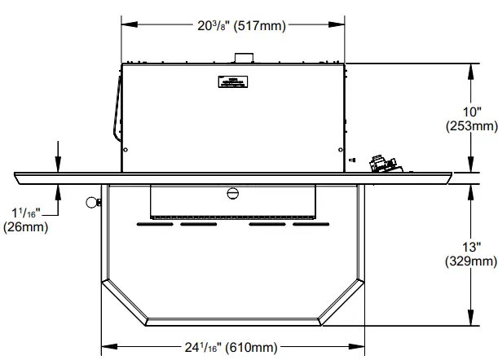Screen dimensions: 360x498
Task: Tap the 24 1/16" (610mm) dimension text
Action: [231, 347]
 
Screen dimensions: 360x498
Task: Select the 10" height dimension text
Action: [472, 111]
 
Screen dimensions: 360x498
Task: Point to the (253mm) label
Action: [472, 126]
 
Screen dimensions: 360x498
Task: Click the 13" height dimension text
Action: [472, 247]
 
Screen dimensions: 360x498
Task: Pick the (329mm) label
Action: [472, 262]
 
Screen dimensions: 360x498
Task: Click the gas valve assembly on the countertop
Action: [381, 164]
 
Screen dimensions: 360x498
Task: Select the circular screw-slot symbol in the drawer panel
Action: [232, 193]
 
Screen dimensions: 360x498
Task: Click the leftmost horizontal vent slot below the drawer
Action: [154, 224]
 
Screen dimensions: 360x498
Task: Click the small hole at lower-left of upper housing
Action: [126, 149]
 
